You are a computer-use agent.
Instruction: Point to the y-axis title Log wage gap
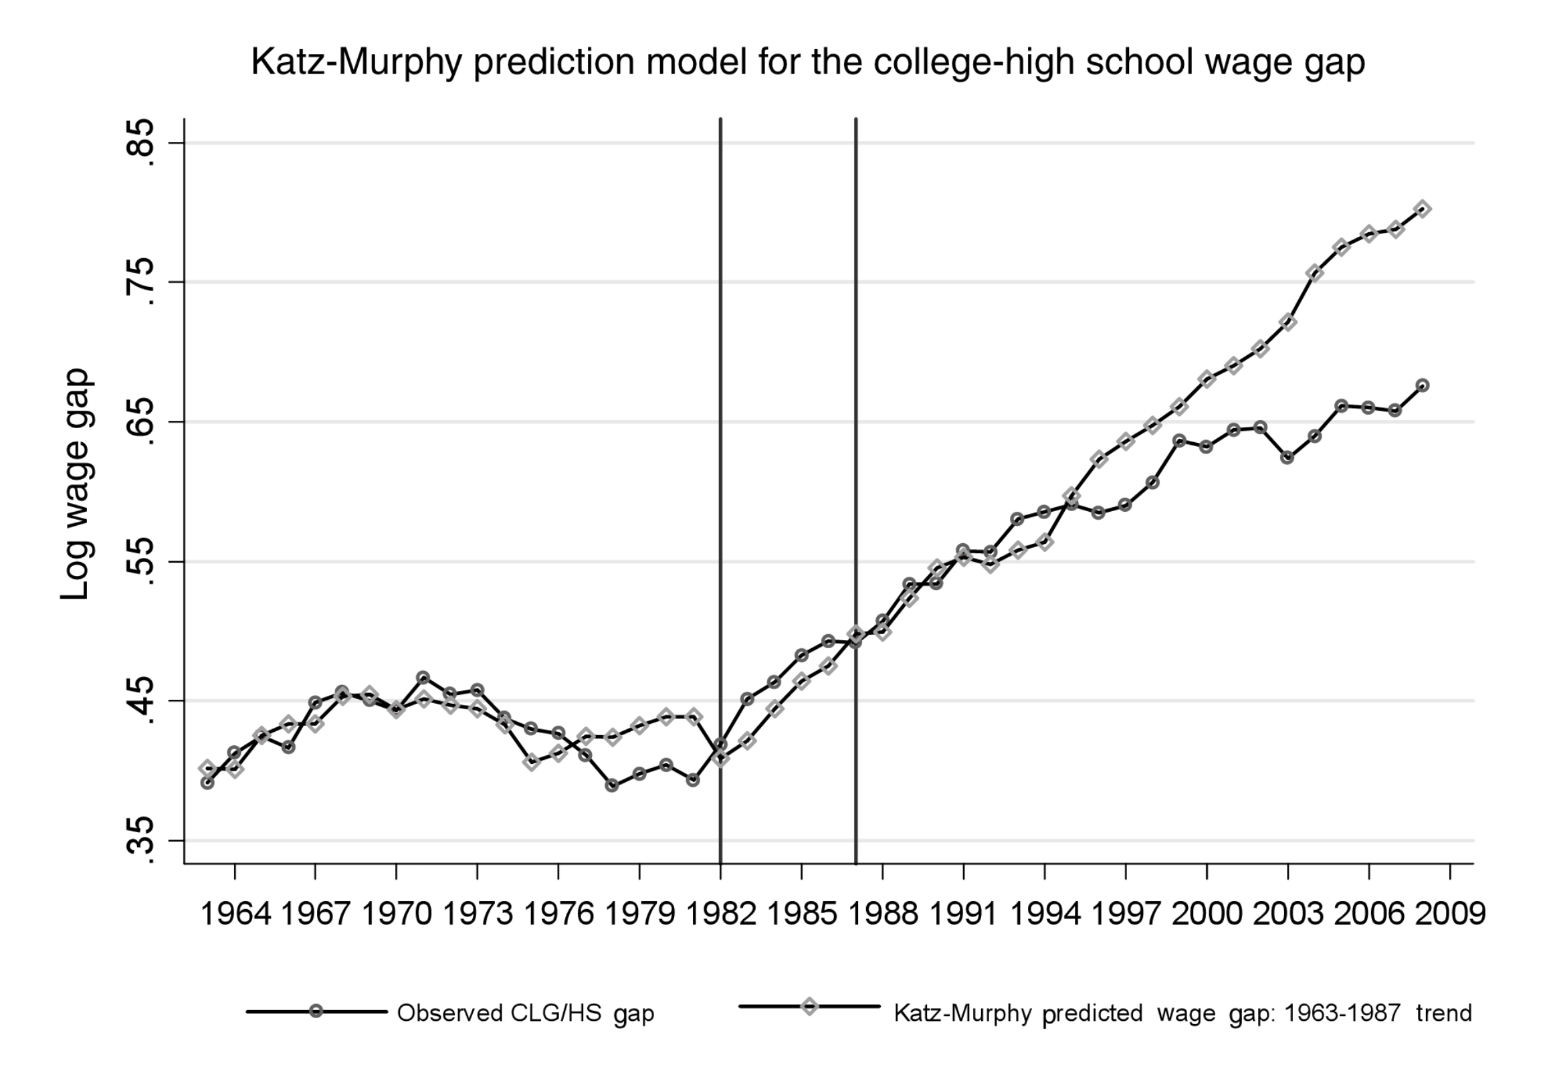pos(76,484)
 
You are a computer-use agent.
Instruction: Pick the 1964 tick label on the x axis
pos(235,914)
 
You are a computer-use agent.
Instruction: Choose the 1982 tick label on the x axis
pos(721,914)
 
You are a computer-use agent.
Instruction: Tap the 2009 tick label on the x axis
pos(1450,914)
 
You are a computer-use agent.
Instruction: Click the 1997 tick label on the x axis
pos(1126,914)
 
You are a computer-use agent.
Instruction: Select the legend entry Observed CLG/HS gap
pos(525,1013)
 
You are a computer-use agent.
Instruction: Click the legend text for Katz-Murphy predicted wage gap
pos(1182,1013)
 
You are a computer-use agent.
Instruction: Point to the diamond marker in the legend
pos(809,1006)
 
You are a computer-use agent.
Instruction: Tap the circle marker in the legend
pos(316,1011)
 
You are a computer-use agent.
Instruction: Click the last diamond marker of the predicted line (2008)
pos(1423,209)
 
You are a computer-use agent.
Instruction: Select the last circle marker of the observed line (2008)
pos(1423,385)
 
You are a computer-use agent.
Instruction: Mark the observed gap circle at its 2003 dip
pos(1287,458)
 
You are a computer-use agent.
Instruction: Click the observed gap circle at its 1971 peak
pos(423,678)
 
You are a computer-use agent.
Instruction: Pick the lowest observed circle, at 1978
pos(612,786)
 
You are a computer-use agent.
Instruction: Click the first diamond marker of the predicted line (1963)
pos(207,768)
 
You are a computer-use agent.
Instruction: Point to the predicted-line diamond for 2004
pos(1314,272)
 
